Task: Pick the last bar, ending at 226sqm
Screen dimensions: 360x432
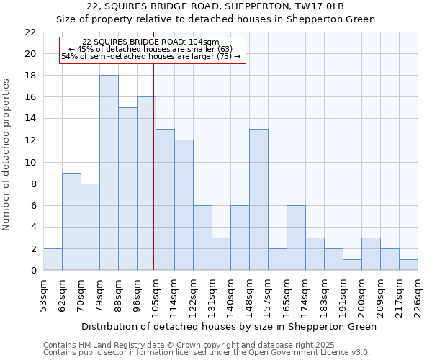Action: [408, 264]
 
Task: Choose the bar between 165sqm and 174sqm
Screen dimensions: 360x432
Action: [296, 238]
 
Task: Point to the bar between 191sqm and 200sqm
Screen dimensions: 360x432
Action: [352, 265]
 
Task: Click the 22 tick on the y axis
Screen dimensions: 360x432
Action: [30, 32]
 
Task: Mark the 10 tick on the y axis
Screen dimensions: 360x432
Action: [30, 162]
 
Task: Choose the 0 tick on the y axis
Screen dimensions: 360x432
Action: [33, 270]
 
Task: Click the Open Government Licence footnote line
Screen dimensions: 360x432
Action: [207, 352]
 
